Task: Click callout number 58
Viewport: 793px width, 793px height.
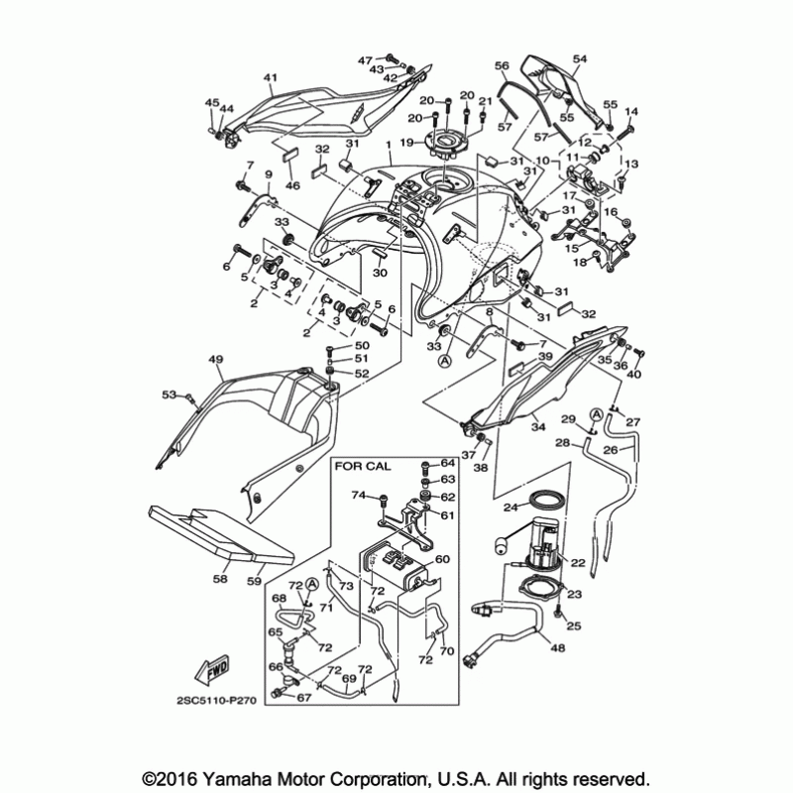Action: (220, 579)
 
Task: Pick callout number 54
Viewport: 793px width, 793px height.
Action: (580, 60)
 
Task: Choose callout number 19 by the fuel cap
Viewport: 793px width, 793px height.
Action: (406, 143)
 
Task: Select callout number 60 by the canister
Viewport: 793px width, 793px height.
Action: (442, 559)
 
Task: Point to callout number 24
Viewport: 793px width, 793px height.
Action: (511, 507)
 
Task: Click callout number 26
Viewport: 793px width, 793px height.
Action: (612, 449)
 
